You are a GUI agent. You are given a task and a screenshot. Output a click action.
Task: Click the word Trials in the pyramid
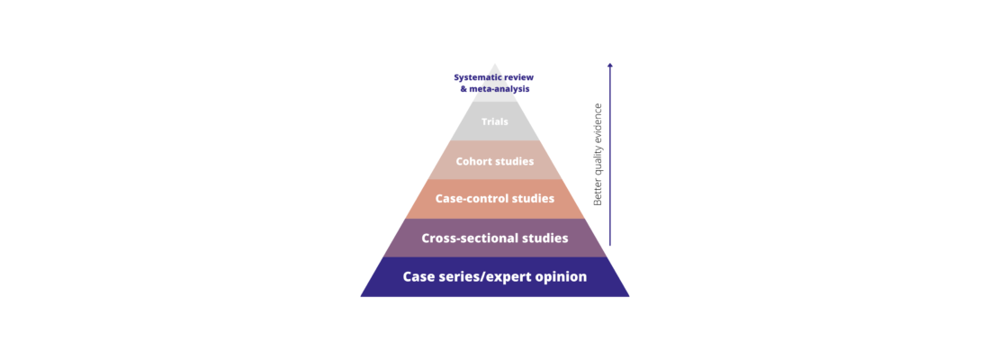(494, 121)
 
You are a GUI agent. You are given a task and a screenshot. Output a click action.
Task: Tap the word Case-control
(466, 198)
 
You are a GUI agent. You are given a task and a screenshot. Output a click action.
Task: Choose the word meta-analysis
(499, 89)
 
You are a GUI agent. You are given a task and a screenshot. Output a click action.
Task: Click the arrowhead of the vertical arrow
(609, 65)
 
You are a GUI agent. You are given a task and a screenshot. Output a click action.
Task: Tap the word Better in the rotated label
(598, 191)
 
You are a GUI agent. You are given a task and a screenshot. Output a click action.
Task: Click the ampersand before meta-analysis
(463, 89)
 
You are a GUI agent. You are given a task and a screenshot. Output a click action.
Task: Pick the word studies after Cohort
(516, 162)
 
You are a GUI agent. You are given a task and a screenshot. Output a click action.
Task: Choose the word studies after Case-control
(528, 198)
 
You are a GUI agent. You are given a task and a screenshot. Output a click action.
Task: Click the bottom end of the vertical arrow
(609, 244)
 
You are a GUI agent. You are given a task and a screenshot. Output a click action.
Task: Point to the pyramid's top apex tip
(494, 63)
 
